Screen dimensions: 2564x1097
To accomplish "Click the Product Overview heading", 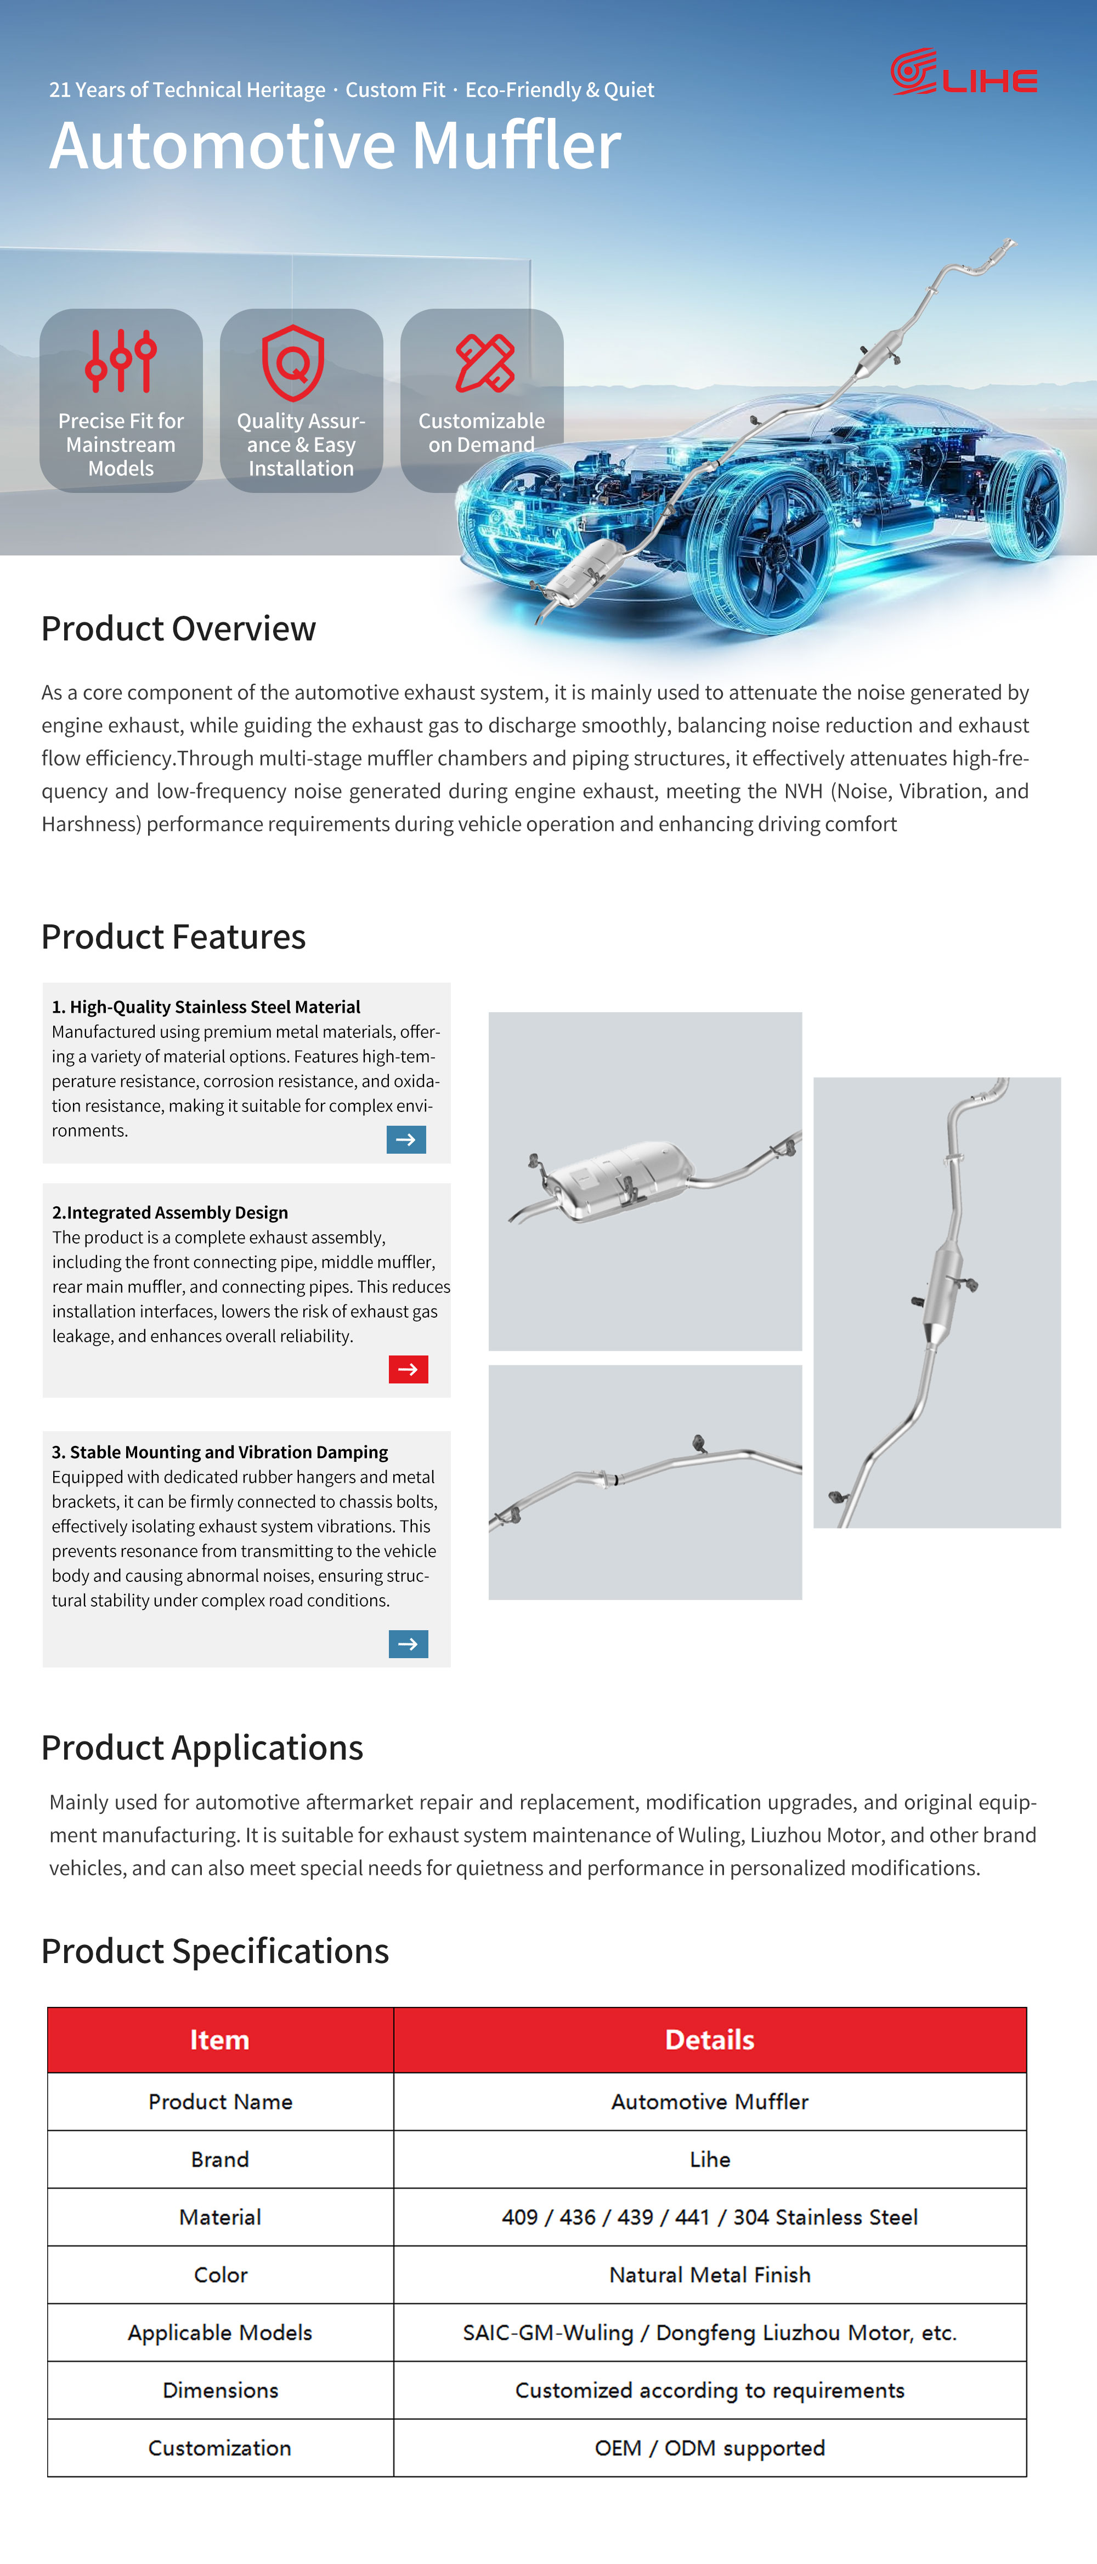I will click(x=178, y=629).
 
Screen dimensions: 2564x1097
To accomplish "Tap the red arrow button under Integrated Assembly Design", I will click(x=408, y=1370).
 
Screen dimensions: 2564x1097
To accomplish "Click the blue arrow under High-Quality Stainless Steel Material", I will click(x=406, y=1139).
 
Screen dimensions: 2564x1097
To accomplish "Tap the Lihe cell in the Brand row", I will click(x=710, y=2159).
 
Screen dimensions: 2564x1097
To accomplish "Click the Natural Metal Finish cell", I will click(x=710, y=2274).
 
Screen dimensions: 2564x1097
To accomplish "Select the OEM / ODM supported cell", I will click(x=710, y=2448).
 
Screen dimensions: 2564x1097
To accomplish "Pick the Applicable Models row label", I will click(x=220, y=2332).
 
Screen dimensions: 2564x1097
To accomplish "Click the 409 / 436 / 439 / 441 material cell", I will click(x=710, y=2216).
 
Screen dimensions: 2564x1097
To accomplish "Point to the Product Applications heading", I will click(x=202, y=1748).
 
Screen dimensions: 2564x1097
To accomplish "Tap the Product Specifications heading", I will click(x=215, y=1951).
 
